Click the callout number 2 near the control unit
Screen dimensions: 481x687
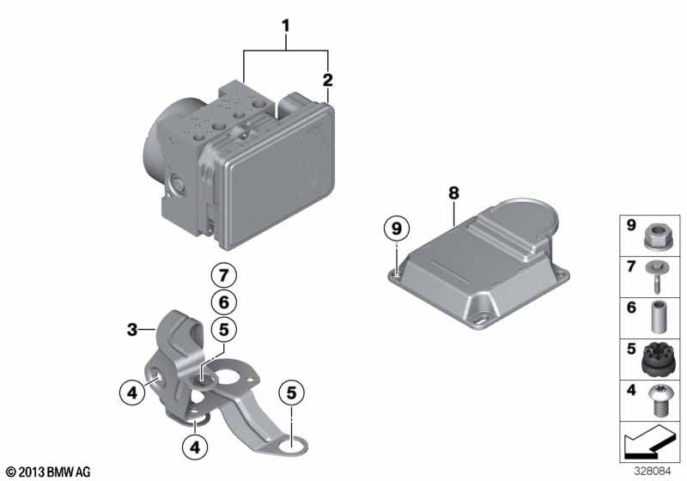pyautogui.click(x=327, y=81)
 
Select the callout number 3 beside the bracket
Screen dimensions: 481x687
pyautogui.click(x=132, y=328)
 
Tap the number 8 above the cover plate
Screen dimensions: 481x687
pyautogui.click(x=453, y=194)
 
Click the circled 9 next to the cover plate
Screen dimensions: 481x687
pyautogui.click(x=396, y=228)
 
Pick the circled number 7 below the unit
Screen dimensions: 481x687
pyautogui.click(x=222, y=277)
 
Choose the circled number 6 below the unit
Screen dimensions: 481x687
pyautogui.click(x=222, y=301)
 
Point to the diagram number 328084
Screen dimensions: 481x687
pyautogui.click(x=658, y=471)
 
